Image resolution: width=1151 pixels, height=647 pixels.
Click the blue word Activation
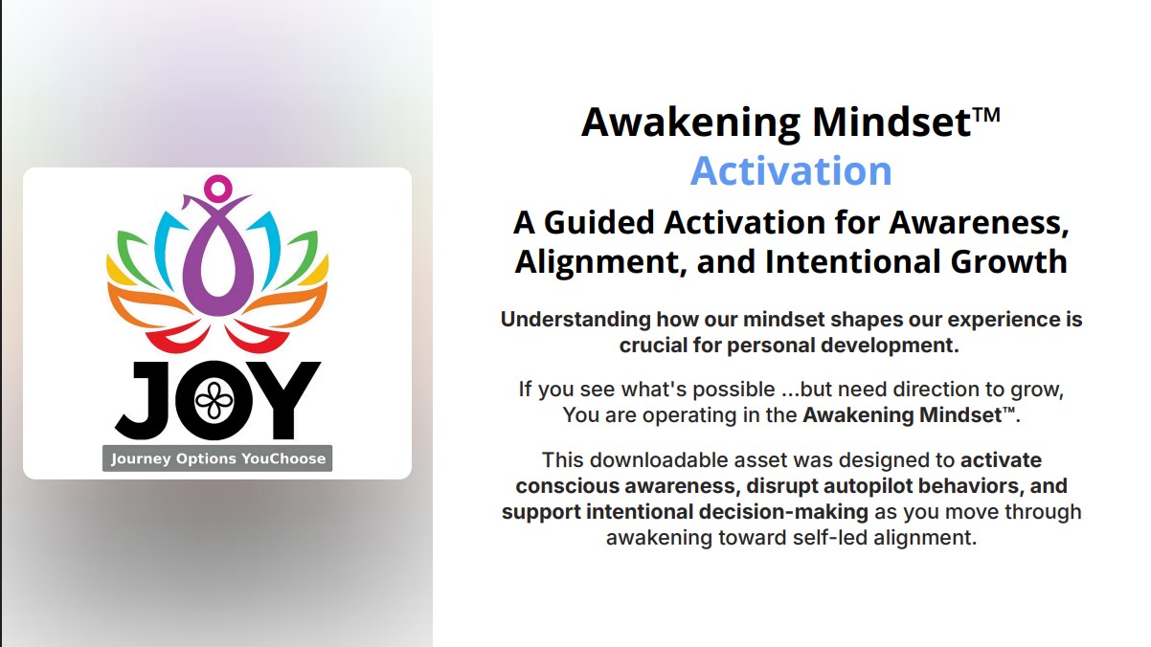point(791,171)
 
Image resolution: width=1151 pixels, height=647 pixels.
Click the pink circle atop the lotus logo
point(218,188)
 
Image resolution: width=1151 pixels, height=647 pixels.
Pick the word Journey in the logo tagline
point(142,458)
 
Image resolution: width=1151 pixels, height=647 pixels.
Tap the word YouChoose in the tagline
point(284,458)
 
